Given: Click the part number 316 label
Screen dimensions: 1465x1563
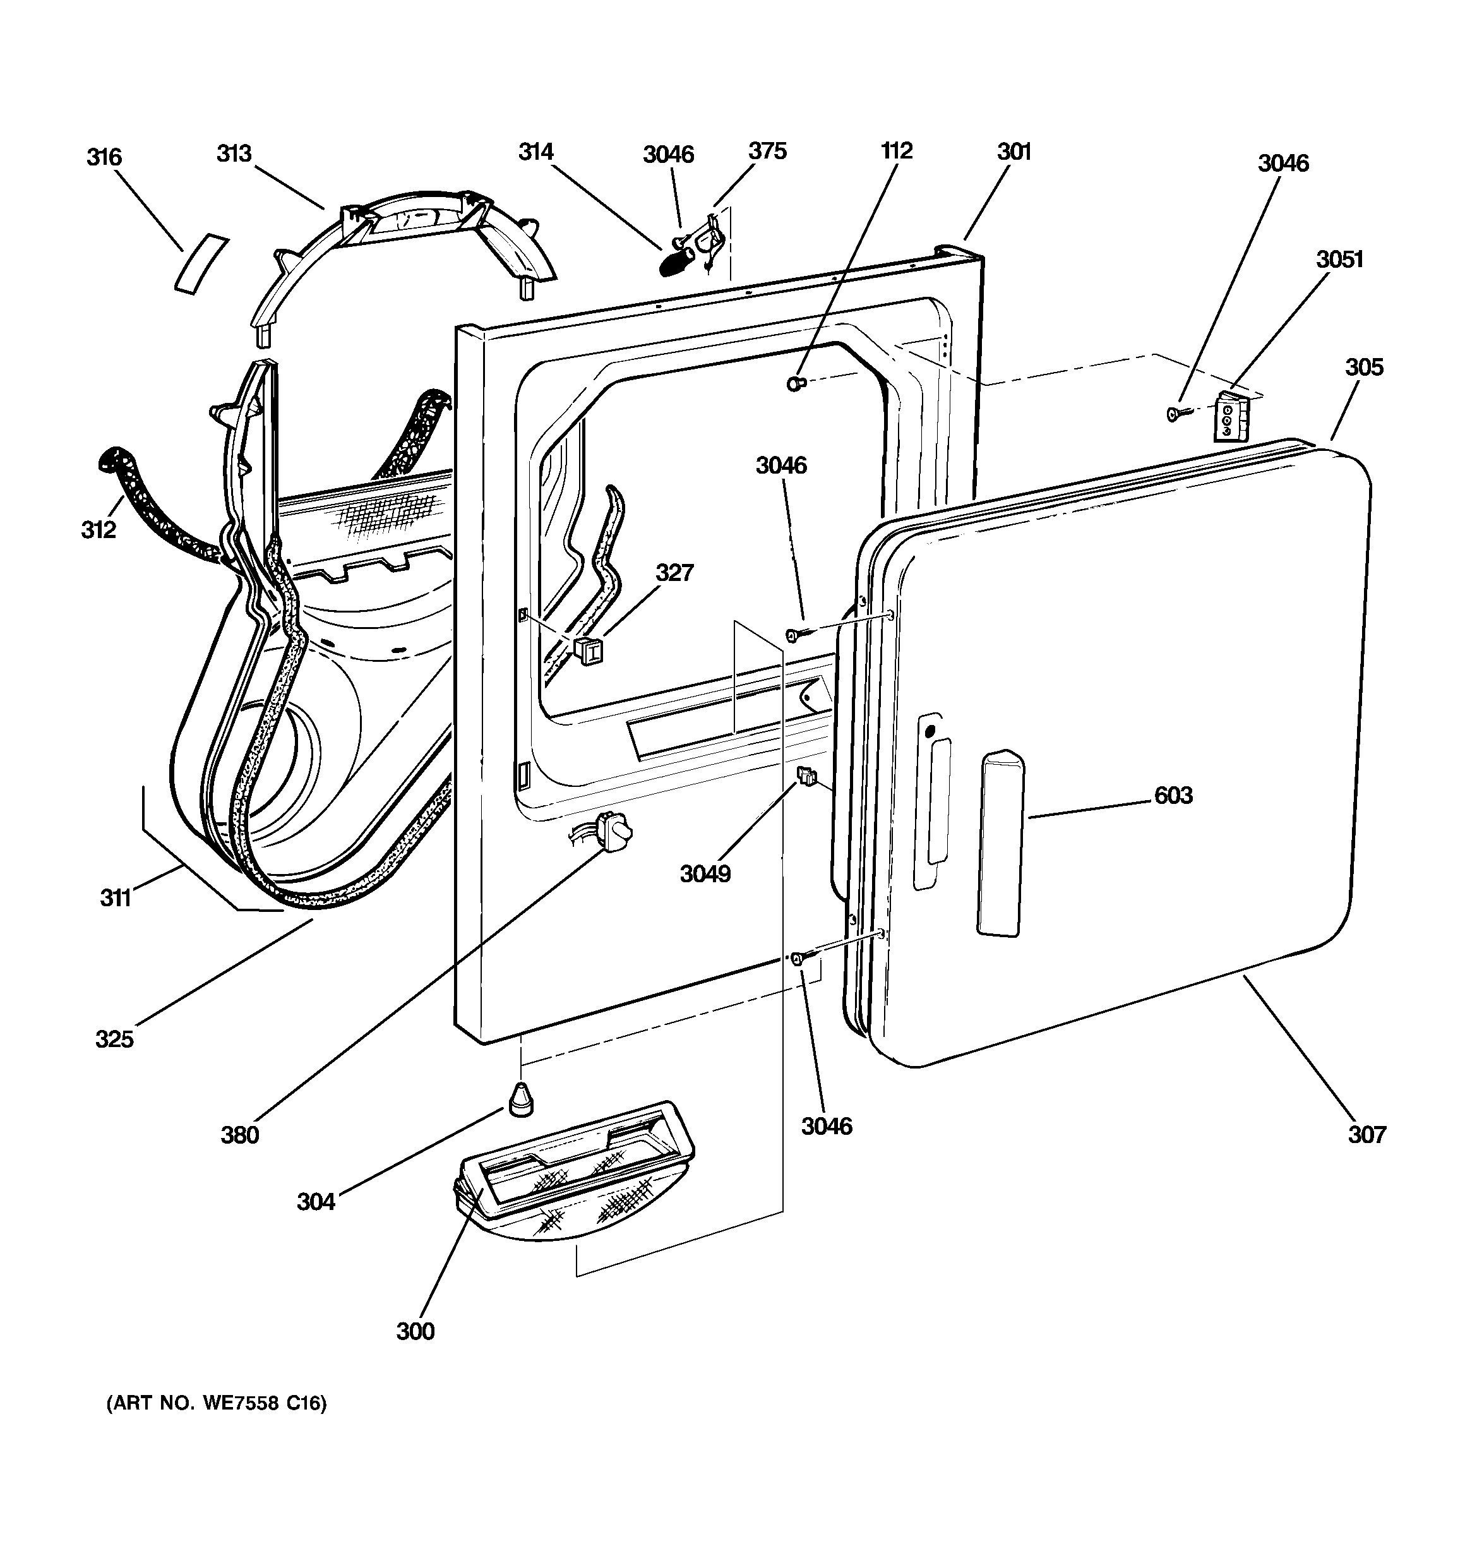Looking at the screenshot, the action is pyautogui.click(x=105, y=157).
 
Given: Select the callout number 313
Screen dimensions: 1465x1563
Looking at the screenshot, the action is pyautogui.click(x=234, y=153).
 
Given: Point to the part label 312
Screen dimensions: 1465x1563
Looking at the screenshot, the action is pyautogui.click(x=99, y=530).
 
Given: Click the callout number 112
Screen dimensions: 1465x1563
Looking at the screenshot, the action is pyautogui.click(x=897, y=151).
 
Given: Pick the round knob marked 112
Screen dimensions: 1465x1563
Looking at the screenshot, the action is pyautogui.click(x=796, y=384).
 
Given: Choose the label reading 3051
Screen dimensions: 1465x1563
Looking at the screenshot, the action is pyautogui.click(x=1340, y=260).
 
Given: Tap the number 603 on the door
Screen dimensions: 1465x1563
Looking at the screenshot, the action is pyautogui.click(x=1173, y=796).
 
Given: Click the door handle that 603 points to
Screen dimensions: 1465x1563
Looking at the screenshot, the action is pyautogui.click(x=1001, y=843).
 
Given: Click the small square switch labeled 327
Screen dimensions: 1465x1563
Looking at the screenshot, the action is pyautogui.click(x=587, y=650).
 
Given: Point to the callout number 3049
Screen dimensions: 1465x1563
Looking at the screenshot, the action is pyautogui.click(x=705, y=873).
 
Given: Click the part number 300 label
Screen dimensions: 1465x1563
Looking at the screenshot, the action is pyautogui.click(x=416, y=1331).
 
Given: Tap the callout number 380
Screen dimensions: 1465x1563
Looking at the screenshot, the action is pyautogui.click(x=240, y=1135).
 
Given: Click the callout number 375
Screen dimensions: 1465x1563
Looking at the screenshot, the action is pyautogui.click(x=767, y=151).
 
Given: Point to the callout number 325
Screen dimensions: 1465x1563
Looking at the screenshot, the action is pyautogui.click(x=115, y=1039).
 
